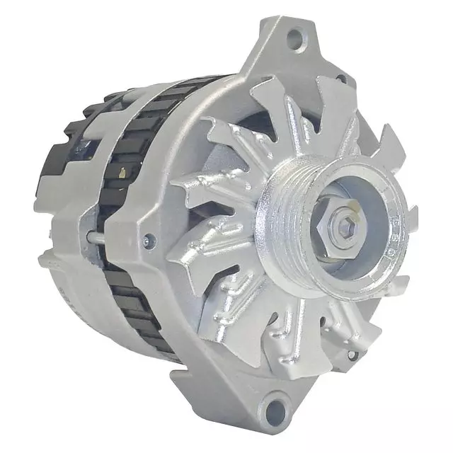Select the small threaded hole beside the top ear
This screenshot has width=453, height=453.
[x=341, y=79]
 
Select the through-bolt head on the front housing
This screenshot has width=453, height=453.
[x=148, y=239]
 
